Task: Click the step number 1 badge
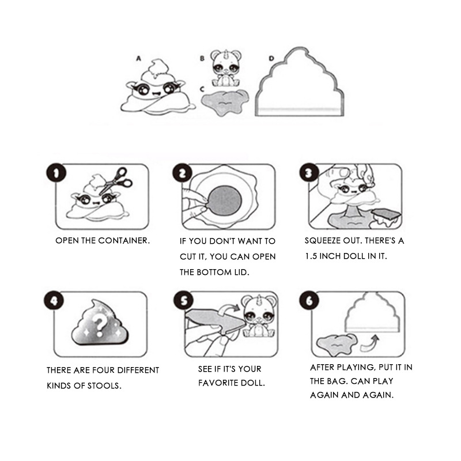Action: [56, 173]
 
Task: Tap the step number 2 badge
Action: [182, 173]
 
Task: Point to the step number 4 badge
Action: [54, 301]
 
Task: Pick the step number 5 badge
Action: [183, 301]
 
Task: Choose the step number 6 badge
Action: [309, 300]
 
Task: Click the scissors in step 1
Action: [116, 180]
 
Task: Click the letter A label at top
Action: [138, 59]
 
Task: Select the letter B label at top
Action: [202, 59]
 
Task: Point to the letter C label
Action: [202, 89]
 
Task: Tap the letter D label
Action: [271, 59]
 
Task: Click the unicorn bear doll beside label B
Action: [225, 68]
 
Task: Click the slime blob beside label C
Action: [225, 102]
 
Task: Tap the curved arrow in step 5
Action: [229, 309]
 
